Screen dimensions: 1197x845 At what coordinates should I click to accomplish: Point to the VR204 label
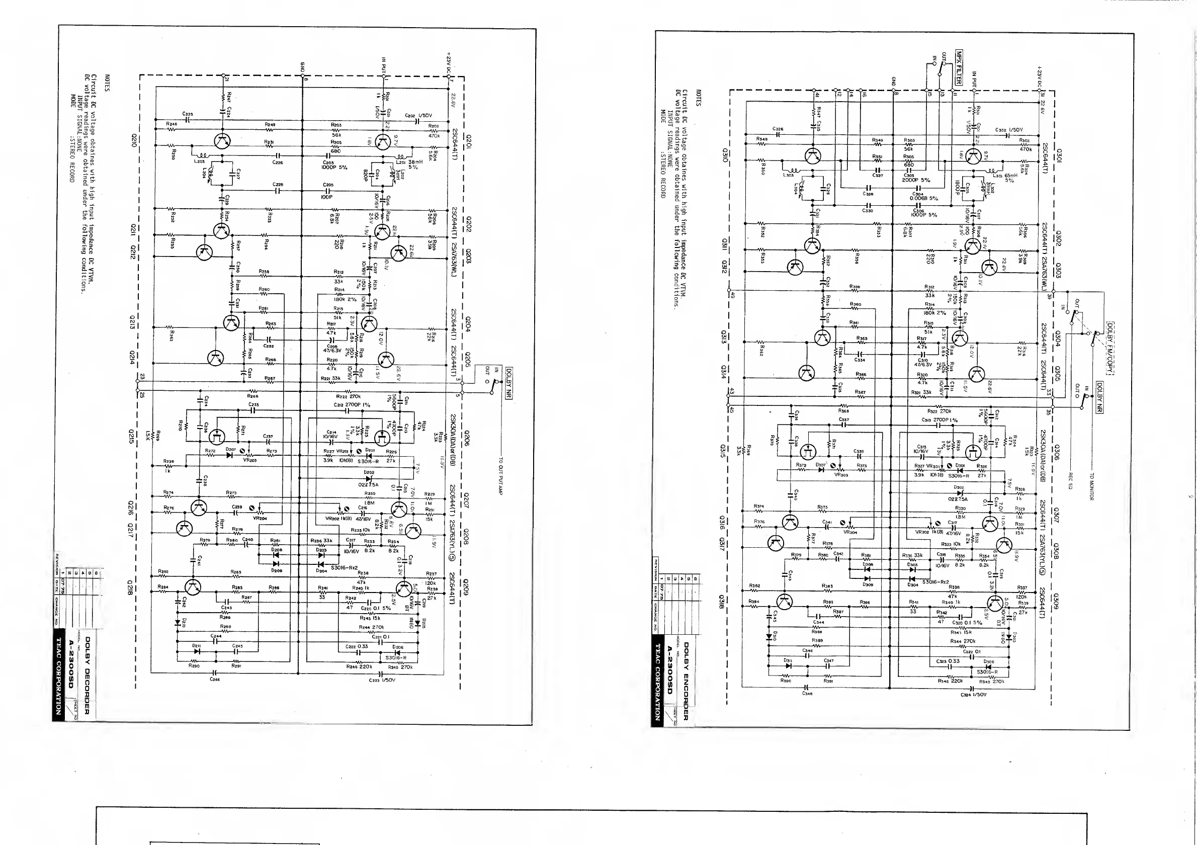pyautogui.click(x=260, y=518)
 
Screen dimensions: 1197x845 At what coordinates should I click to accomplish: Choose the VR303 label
pyautogui.click(x=841, y=475)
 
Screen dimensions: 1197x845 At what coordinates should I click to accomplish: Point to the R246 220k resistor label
pyautogui.click(x=359, y=666)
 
